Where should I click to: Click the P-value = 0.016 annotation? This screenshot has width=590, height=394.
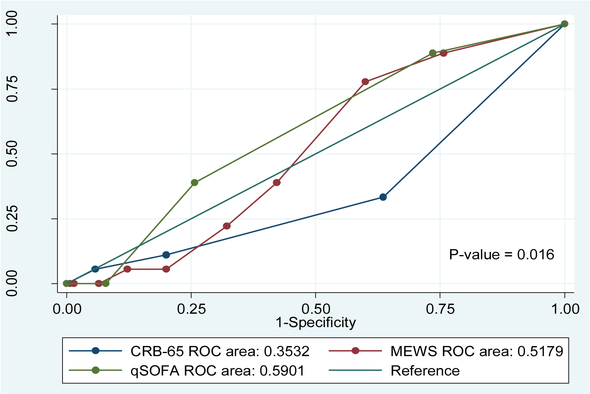501,255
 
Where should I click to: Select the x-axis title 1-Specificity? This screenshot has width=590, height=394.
315,322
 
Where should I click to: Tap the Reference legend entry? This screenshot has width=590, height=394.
425,370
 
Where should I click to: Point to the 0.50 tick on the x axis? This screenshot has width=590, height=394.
315,309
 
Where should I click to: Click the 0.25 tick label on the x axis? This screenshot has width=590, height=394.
191,309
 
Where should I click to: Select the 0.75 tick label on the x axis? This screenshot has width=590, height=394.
440,309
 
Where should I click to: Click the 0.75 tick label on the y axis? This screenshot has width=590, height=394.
13,89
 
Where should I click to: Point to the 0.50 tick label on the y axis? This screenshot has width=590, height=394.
13,154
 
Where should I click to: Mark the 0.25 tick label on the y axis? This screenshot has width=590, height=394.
13,219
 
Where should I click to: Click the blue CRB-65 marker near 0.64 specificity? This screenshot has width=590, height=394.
383,197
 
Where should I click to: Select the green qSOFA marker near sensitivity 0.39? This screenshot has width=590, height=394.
194,183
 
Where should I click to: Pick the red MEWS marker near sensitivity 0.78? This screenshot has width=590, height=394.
365,82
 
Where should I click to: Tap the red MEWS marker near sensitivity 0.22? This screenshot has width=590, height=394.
227,226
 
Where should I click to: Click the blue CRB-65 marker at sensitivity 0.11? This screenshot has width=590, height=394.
166,255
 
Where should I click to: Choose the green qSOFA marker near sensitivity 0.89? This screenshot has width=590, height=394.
433,53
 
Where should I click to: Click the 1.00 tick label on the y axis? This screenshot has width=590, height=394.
13,24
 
